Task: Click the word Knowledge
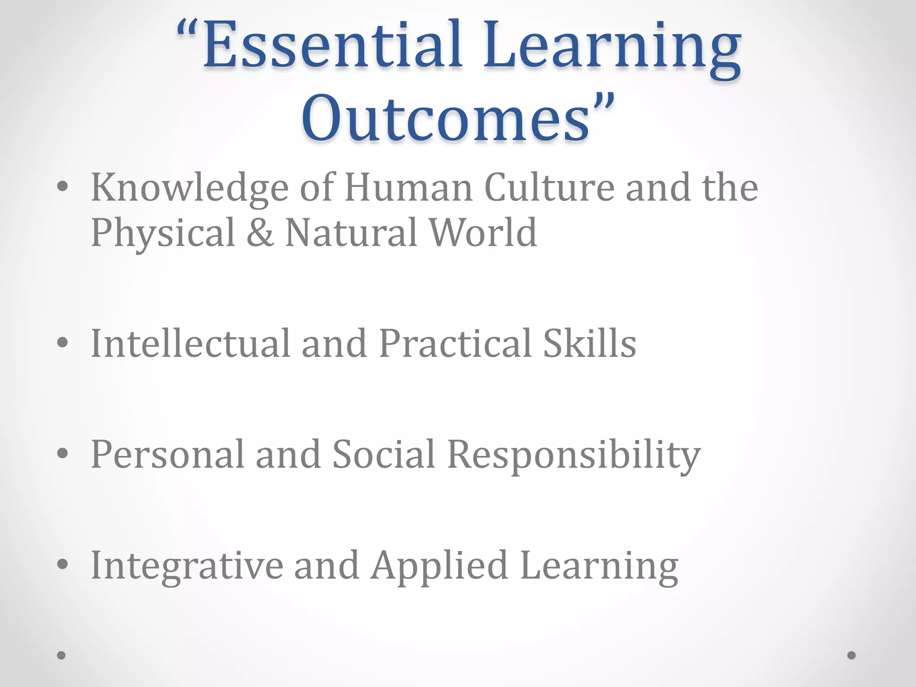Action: pos(190,188)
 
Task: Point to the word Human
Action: pos(408,188)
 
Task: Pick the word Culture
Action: pos(549,188)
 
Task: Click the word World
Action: pos(483,233)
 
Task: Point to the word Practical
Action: pos(455,343)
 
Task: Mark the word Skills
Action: pos(589,343)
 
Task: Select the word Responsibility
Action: pos(574,455)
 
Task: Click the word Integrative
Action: pos(187,566)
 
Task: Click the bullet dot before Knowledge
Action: pos(62,187)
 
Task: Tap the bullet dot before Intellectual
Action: pos(62,343)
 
